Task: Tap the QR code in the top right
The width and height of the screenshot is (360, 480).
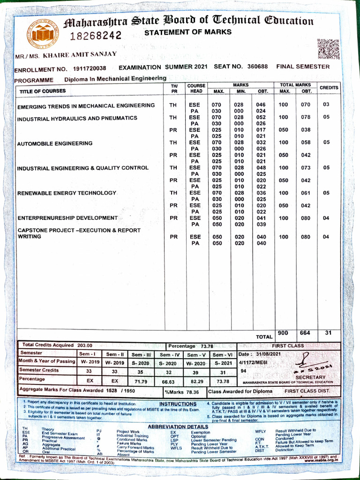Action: (x=328, y=49)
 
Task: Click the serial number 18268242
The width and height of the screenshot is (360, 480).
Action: (x=96, y=36)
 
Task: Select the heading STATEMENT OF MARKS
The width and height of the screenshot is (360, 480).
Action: (x=187, y=32)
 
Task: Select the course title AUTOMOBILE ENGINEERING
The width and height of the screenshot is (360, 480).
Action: (x=55, y=143)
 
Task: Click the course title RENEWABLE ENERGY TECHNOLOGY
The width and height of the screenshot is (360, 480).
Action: (x=67, y=193)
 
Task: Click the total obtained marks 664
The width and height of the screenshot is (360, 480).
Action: (x=305, y=333)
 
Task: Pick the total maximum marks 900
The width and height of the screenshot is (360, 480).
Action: (x=283, y=333)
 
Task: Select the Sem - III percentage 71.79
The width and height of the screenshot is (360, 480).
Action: (x=141, y=382)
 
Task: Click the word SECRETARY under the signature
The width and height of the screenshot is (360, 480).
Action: (x=310, y=377)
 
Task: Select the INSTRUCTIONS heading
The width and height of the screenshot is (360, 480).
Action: (x=178, y=404)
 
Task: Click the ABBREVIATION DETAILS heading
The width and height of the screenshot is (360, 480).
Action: (x=178, y=427)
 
